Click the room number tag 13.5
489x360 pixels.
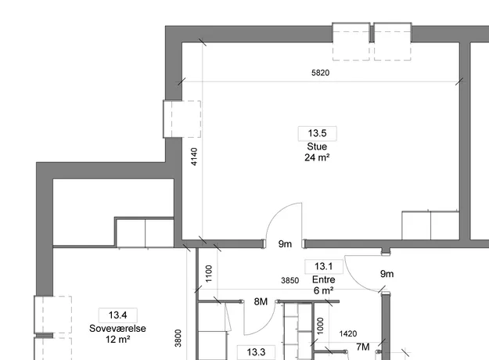[317, 133]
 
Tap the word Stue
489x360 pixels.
[317, 146]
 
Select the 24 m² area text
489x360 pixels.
[317, 157]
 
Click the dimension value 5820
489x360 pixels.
[320, 73]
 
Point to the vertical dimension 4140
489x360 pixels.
[194, 157]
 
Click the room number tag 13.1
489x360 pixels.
[323, 266]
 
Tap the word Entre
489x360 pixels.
[323, 279]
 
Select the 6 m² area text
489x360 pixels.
[323, 291]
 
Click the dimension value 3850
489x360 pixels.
[289, 280]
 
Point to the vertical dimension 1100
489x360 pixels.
[209, 274]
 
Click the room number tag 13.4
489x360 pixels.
[117, 315]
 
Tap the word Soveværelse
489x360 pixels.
[117, 329]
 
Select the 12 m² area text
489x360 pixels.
[117, 340]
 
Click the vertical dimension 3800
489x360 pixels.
[178, 338]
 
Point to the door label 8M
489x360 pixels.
[261, 301]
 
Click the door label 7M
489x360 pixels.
[363, 347]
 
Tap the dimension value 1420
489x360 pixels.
[347, 334]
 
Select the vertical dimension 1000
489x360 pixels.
[320, 326]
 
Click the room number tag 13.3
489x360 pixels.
[256, 352]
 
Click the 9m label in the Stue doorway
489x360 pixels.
[285, 244]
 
